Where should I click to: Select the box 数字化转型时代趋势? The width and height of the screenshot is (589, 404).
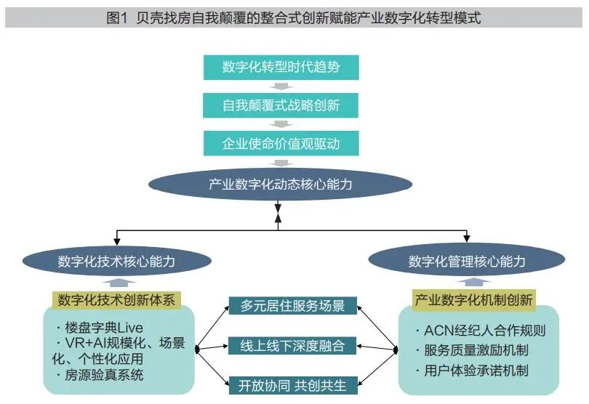(x=281, y=68)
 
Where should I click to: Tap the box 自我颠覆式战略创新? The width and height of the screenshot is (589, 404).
(x=281, y=105)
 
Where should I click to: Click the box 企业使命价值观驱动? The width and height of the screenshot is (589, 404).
(x=281, y=143)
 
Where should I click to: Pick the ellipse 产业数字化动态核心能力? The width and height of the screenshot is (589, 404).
(x=281, y=184)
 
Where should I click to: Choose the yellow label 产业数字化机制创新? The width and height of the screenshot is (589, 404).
(x=474, y=299)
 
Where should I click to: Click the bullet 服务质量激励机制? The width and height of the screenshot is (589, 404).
(x=476, y=350)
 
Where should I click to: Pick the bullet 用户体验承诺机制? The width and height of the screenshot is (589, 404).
(x=476, y=371)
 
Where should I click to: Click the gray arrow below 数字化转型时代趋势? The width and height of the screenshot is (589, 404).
(x=281, y=87)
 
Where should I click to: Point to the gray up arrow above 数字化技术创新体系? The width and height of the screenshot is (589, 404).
(x=115, y=283)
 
